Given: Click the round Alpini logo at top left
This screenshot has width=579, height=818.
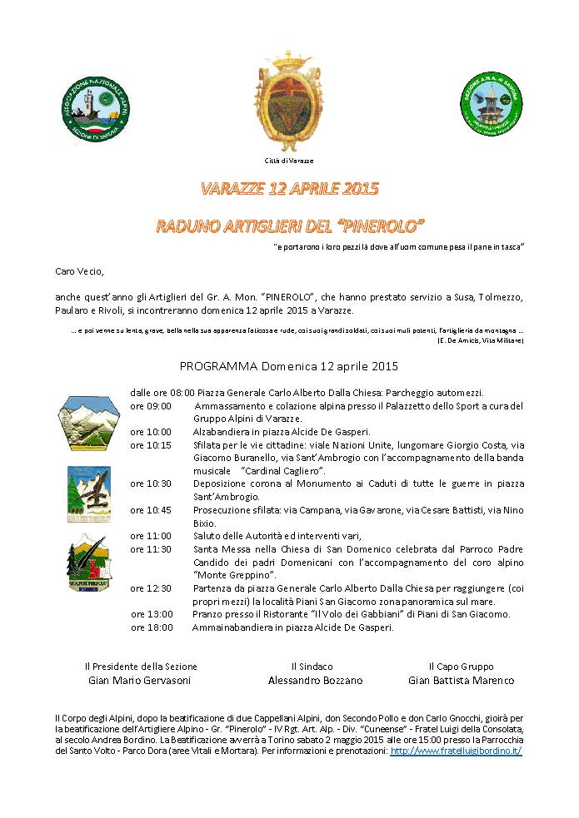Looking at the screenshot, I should (x=96, y=107).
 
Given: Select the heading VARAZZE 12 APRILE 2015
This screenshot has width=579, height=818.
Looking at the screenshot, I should (x=289, y=189).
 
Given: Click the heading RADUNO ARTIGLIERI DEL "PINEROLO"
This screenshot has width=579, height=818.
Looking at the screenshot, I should (x=290, y=225).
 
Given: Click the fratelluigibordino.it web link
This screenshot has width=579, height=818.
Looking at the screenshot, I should (x=456, y=751).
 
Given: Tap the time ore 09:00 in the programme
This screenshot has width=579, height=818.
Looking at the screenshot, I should (x=151, y=406).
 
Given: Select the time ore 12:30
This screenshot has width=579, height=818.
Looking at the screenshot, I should (x=151, y=588).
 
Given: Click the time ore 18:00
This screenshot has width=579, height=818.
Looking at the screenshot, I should (x=152, y=627).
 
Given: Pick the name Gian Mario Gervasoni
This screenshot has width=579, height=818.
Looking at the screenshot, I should (x=140, y=681).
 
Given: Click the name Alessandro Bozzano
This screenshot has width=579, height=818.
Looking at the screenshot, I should (x=315, y=681).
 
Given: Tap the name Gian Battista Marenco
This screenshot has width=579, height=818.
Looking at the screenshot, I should (x=461, y=681).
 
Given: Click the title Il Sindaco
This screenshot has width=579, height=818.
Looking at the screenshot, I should (x=312, y=667).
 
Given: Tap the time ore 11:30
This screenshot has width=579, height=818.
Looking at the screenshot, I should (x=151, y=549).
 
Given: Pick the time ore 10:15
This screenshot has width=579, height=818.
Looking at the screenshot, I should (x=151, y=445).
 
